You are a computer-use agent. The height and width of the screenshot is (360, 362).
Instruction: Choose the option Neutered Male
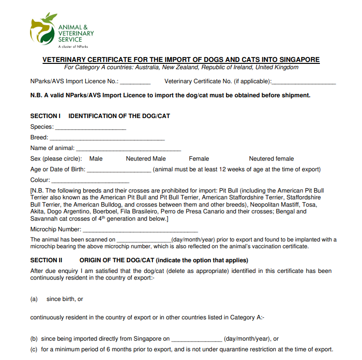[146, 159]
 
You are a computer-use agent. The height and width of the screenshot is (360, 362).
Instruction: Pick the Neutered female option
[271, 159]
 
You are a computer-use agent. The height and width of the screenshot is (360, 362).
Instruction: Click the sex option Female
[199, 159]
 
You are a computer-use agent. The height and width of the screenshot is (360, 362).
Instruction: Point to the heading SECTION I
[45, 116]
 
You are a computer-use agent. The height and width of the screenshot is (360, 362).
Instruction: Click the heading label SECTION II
[46, 260]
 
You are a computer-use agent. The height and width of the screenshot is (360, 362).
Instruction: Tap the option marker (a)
[34, 299]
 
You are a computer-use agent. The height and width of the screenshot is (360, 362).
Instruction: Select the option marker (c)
[34, 349]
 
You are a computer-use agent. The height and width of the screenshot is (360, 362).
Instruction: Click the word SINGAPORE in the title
[298, 60]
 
